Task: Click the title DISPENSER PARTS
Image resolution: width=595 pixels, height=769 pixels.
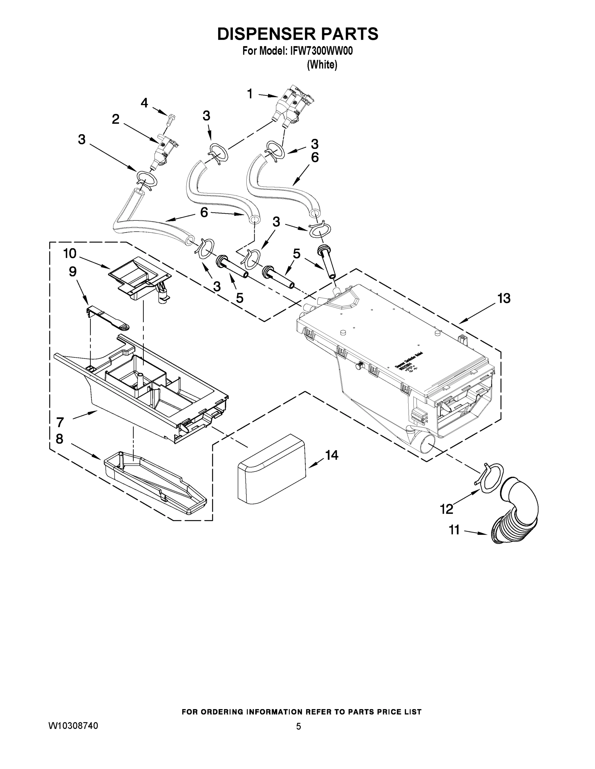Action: point(298,34)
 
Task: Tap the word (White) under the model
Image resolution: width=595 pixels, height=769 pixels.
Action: point(322,65)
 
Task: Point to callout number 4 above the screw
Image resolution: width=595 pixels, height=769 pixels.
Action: point(144,103)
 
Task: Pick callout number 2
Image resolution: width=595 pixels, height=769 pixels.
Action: point(115,120)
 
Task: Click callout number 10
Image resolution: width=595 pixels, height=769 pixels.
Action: point(70,253)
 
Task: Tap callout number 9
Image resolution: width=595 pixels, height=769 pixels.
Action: point(72,271)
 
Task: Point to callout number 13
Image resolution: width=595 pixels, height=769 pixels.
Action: point(504,298)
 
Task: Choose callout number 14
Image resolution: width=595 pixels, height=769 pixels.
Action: point(332,455)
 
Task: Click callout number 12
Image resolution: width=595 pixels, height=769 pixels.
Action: point(446,509)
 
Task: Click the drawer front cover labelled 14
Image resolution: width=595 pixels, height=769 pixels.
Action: point(272,468)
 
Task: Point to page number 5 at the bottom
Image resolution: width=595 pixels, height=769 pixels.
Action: point(298,726)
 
